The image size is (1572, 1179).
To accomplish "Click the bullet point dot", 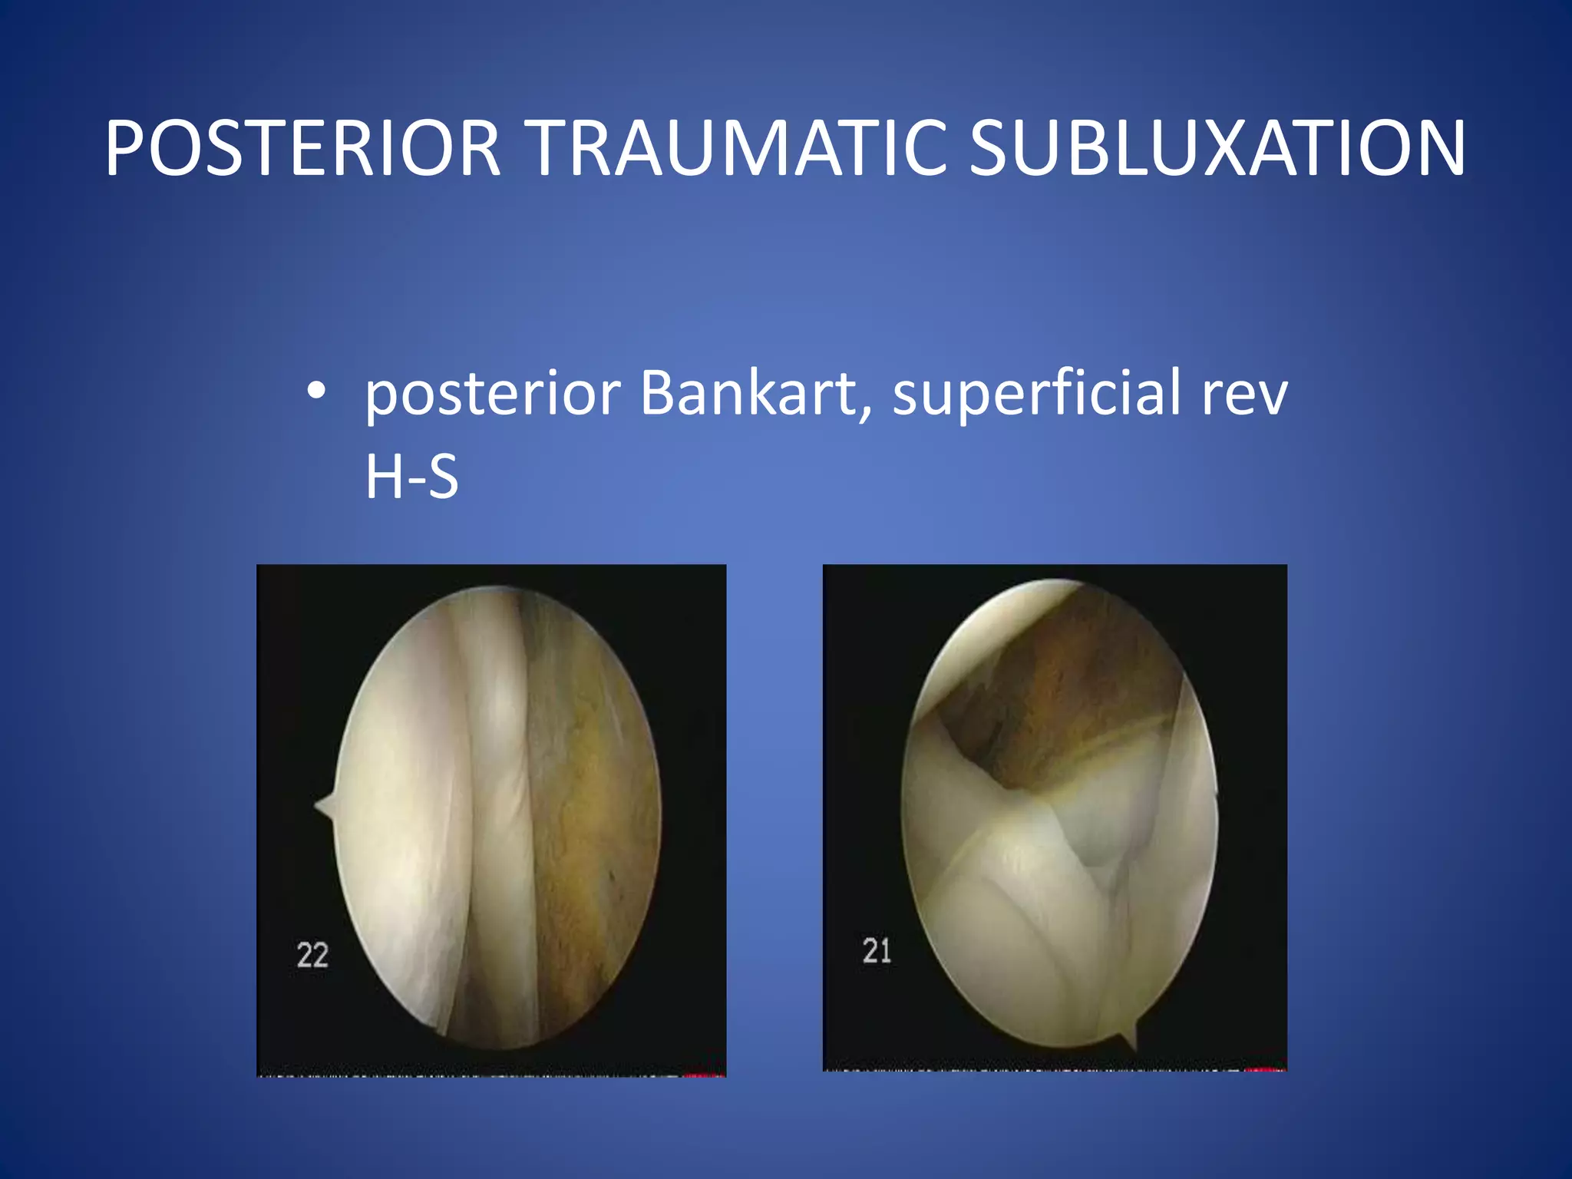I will pyautogui.click(x=315, y=391).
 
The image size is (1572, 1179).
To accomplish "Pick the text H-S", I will pyautogui.click(x=411, y=477).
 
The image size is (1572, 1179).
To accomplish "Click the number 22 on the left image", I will pyautogui.click(x=312, y=955).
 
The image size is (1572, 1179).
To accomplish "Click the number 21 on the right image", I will pyautogui.click(x=877, y=951).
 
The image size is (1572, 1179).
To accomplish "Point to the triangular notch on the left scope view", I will pyautogui.click(x=325, y=805).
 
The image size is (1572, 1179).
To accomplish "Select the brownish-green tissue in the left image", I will pyautogui.click(x=591, y=806).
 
